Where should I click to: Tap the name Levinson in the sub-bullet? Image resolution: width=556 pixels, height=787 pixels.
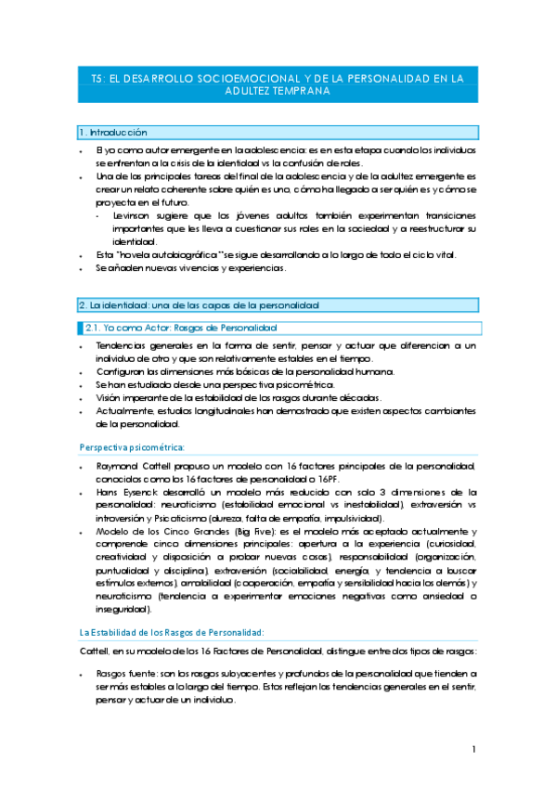point(136,215)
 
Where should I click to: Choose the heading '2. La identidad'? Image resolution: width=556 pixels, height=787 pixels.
point(200,304)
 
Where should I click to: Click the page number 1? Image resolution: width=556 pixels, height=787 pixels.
point(473,749)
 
